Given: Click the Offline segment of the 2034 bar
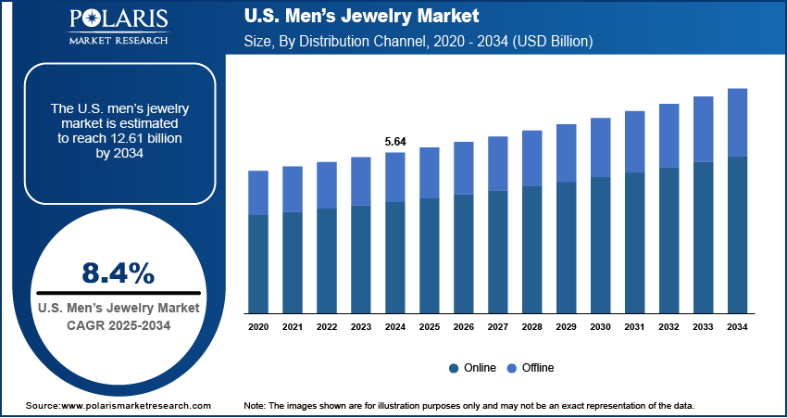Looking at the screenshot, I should [x=738, y=122].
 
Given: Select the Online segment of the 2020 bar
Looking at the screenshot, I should [x=258, y=263].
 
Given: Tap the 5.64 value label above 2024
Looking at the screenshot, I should [x=395, y=142].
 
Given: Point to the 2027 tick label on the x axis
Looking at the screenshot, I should [x=498, y=327].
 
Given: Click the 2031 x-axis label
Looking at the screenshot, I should [x=635, y=327].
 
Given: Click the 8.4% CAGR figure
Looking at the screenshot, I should [x=118, y=272].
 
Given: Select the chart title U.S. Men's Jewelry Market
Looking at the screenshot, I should [x=360, y=17].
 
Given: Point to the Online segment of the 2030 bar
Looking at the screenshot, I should [x=601, y=245].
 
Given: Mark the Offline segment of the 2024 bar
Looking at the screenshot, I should [x=395, y=177].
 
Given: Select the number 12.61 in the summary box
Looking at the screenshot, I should [x=156, y=137].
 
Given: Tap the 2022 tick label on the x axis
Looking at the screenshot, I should [x=327, y=327].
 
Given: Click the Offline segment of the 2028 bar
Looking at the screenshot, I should [x=532, y=158].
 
